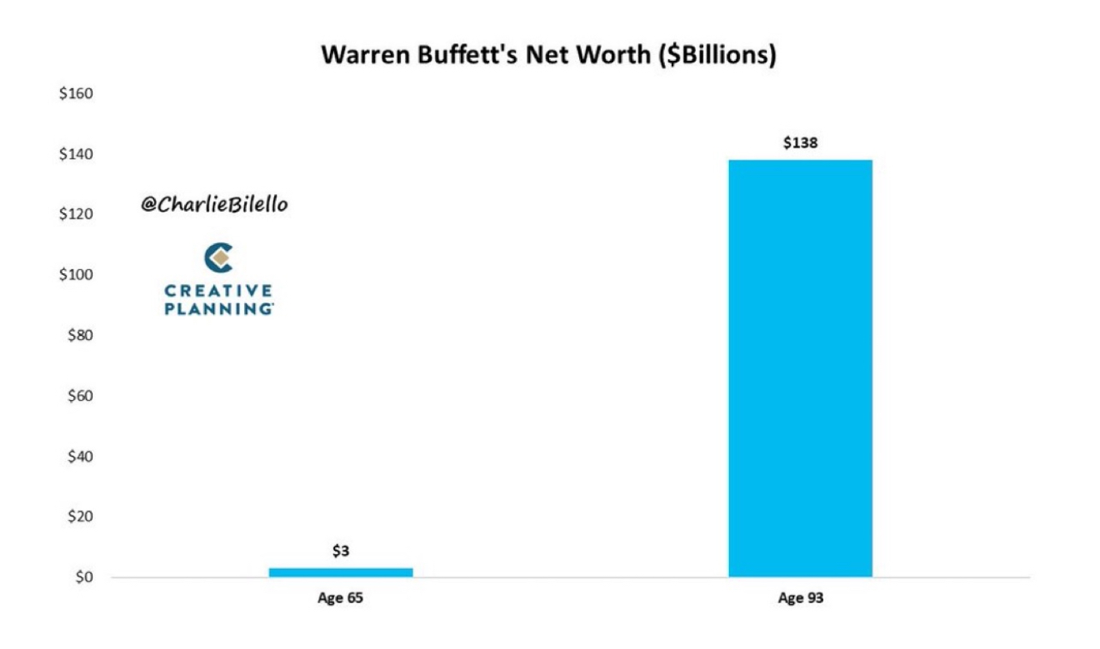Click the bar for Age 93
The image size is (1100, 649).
click(800, 367)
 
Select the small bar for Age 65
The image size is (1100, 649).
click(341, 572)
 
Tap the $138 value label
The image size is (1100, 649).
click(800, 143)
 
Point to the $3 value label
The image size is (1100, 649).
click(341, 551)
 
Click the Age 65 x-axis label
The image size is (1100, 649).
click(341, 598)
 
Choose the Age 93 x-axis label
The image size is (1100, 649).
click(800, 598)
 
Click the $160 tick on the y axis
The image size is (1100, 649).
click(75, 93)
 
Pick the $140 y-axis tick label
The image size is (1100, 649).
click(75, 154)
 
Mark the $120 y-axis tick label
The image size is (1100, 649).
click(75, 215)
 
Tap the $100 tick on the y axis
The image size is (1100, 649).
click(75, 275)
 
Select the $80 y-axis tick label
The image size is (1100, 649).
click(77, 336)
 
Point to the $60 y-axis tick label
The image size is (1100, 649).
click(77, 396)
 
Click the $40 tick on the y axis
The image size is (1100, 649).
click(77, 457)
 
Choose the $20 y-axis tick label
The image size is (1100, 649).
click(77, 517)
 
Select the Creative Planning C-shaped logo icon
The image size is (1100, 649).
click(219, 258)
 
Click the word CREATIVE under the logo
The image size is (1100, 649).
click(218, 291)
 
